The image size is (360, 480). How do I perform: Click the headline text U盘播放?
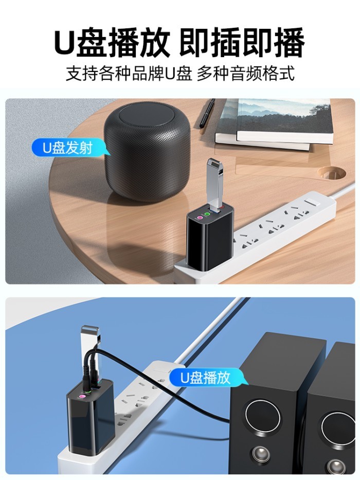click(112, 42)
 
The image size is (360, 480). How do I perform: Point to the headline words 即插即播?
click(242, 42)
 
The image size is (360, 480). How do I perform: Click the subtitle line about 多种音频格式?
click(245, 74)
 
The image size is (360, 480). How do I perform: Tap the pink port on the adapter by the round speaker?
click(200, 217)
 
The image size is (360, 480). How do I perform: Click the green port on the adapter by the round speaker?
click(207, 214)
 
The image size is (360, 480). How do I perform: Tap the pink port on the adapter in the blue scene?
click(82, 397)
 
